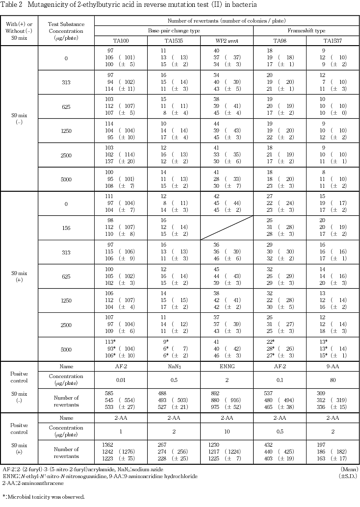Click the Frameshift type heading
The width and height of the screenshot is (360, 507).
coord(306,30)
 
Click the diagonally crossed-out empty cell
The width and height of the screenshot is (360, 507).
coord(227,228)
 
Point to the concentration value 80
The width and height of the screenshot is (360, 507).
coord(332,380)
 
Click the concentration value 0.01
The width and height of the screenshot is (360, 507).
coord(120,380)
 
